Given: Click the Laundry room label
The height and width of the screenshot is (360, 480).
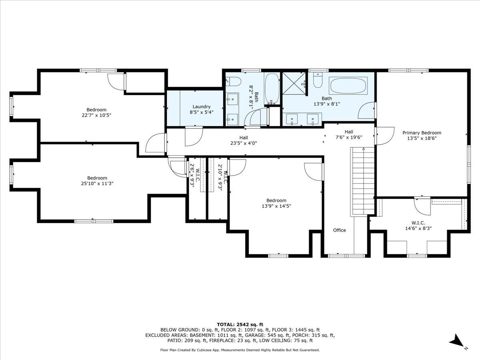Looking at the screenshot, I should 201,106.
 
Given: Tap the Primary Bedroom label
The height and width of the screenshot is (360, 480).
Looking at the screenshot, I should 422,133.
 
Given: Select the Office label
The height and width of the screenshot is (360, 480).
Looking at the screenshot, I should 339,230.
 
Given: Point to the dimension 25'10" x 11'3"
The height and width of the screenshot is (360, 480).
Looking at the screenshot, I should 97,184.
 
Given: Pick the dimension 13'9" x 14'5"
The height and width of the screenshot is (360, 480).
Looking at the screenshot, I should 276,206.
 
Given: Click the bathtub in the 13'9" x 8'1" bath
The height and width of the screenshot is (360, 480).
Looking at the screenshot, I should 348,85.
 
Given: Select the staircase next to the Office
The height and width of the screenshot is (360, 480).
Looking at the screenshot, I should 363,182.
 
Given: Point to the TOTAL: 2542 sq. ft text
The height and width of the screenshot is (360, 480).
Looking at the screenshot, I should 240,324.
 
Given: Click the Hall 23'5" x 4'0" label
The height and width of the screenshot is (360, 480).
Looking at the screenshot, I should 244,140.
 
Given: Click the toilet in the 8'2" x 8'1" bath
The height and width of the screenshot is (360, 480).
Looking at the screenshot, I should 233,82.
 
